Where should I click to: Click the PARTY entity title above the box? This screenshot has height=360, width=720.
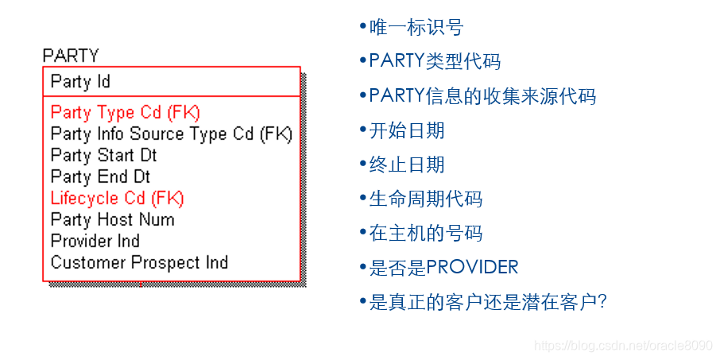[71, 56]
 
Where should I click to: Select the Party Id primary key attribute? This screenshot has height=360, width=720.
[80, 81]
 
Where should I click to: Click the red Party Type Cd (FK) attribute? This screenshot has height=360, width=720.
[125, 113]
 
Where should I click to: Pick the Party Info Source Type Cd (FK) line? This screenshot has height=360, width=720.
[171, 134]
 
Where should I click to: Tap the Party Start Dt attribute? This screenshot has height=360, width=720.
[103, 155]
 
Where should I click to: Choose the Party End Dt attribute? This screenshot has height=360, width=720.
[100, 176]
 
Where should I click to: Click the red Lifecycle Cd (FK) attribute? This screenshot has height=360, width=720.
[117, 198]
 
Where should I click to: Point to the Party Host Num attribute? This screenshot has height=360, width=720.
[112, 219]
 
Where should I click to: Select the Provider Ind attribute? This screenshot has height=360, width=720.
[95, 241]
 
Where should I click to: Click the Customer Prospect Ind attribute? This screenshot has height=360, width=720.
[139, 262]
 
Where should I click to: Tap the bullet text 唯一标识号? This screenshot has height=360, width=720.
[416, 28]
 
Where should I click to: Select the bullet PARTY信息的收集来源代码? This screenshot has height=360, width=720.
[482, 96]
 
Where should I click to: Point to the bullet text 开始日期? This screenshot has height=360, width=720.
[406, 130]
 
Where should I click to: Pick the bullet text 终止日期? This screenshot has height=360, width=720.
[406, 165]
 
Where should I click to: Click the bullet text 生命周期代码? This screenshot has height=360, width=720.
[425, 199]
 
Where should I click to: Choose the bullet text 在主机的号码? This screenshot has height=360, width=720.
[425, 233]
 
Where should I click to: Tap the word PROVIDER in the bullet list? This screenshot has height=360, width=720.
[472, 268]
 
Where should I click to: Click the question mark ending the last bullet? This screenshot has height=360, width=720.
[602, 302]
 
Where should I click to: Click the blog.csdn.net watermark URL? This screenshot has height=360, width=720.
[623, 346]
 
